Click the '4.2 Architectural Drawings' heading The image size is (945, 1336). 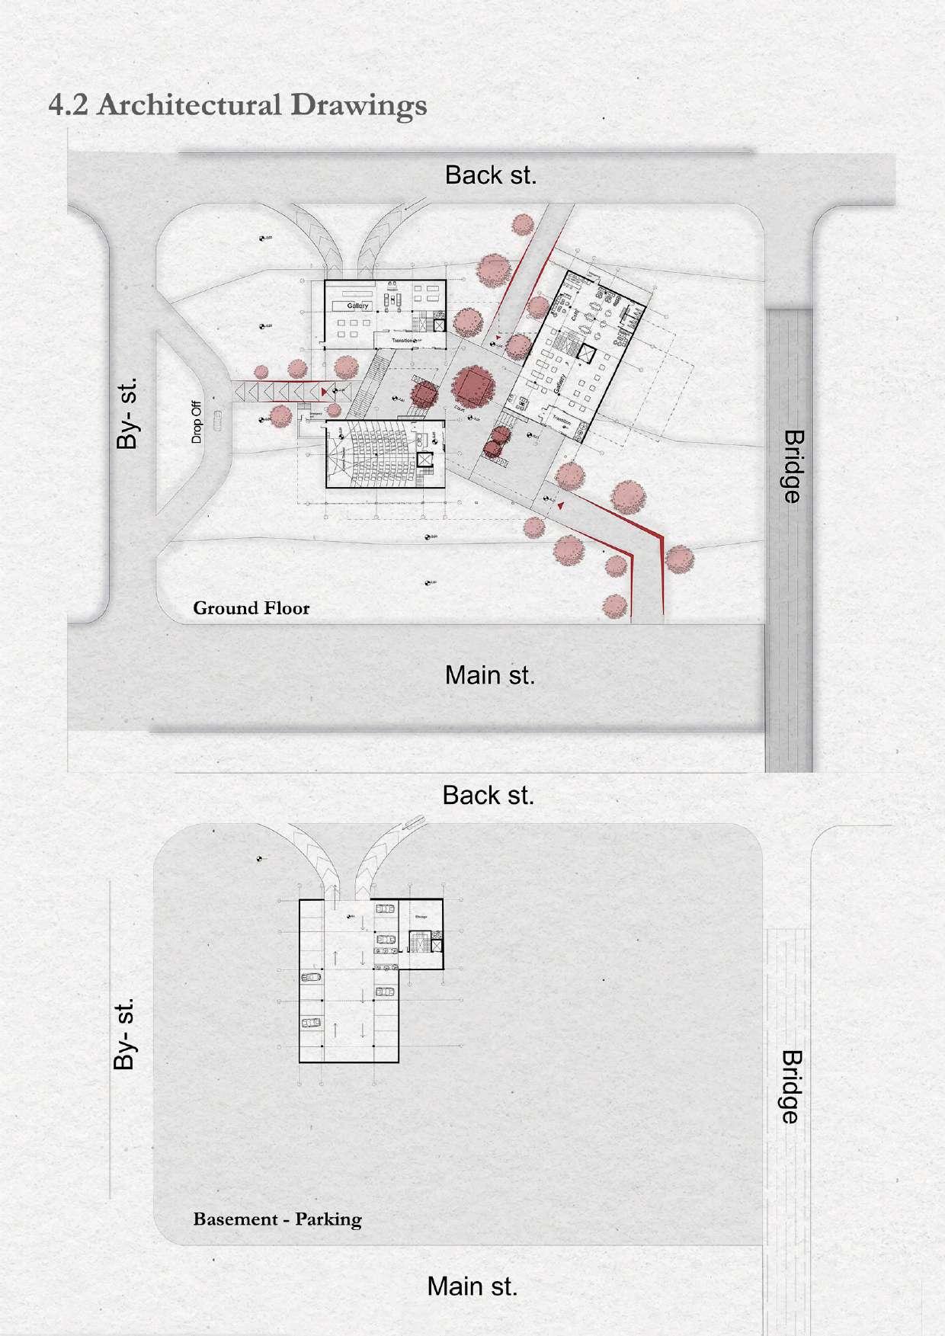click(x=237, y=104)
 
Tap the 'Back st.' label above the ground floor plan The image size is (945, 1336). click(x=491, y=175)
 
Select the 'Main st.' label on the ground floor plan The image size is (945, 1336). click(x=490, y=674)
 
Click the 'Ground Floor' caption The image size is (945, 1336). click(x=251, y=607)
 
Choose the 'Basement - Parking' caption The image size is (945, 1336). click(x=277, y=1219)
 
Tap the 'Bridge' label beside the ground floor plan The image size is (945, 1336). click(x=793, y=466)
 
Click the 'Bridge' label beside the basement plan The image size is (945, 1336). click(x=790, y=1087)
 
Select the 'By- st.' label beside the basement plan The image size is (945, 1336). click(x=126, y=1033)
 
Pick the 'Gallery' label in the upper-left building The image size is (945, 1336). click(x=357, y=306)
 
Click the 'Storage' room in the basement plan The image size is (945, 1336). click(x=421, y=917)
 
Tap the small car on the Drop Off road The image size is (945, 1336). click(x=219, y=416)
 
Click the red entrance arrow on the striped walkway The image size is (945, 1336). click(x=326, y=391)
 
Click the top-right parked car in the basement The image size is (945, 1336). click(x=386, y=908)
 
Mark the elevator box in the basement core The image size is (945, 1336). click(x=436, y=946)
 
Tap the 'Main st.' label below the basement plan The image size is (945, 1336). click(x=472, y=1286)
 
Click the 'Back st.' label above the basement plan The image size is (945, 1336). click(x=488, y=795)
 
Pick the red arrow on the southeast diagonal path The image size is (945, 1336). click(x=562, y=505)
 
